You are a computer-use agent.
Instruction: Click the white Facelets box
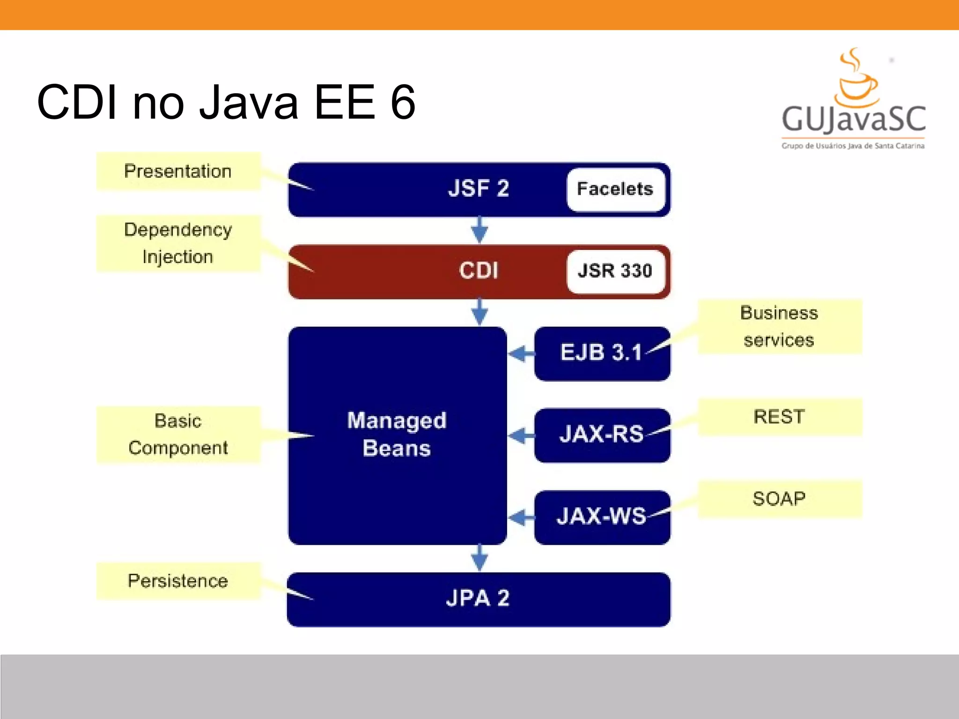tap(615, 190)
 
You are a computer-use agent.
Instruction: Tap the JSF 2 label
tap(478, 189)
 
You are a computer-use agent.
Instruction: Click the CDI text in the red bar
tap(478, 271)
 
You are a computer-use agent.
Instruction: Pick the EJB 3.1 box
tap(602, 353)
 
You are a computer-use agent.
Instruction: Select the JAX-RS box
tap(602, 435)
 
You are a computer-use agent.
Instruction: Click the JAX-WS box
tap(602, 517)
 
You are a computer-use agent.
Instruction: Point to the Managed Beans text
tap(397, 434)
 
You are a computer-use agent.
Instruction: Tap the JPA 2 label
tap(478, 599)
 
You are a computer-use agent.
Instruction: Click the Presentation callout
tap(178, 171)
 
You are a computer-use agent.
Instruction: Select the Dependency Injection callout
tap(178, 243)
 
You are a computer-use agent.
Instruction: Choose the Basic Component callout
tap(178, 434)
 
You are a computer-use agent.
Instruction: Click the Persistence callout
tap(178, 581)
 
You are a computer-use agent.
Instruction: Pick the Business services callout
tap(779, 326)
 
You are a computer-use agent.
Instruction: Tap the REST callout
tap(779, 417)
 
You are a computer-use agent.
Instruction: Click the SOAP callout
tap(779, 499)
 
